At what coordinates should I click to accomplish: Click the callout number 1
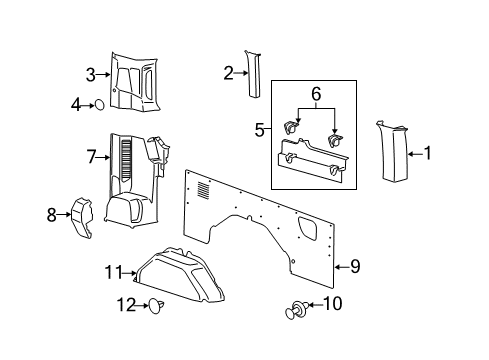(429, 153)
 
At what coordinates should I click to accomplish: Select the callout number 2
(228, 72)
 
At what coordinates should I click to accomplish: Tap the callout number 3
(90, 74)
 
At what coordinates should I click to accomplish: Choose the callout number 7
(90, 157)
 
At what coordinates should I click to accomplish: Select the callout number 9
(354, 267)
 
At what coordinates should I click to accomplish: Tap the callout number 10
(363, 303)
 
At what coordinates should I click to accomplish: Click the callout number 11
(115, 271)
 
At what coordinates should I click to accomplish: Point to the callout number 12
(127, 305)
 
